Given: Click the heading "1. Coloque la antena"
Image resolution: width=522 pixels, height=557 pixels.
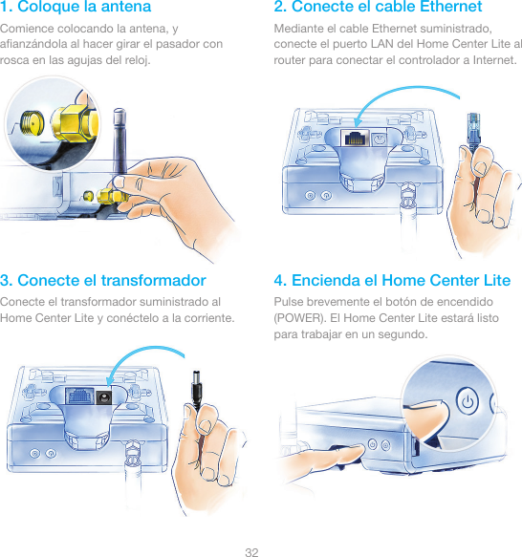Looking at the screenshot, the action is (76, 7).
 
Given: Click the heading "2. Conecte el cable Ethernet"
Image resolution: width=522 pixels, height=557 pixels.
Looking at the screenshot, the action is (378, 7).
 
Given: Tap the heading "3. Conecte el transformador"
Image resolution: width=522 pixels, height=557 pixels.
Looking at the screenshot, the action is (102, 280).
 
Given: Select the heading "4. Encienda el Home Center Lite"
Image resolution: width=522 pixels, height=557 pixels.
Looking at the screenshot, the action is (392, 280).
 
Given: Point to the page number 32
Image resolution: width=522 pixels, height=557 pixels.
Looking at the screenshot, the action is (251, 552).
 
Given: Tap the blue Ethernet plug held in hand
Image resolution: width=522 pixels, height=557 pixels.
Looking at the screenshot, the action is (473, 130).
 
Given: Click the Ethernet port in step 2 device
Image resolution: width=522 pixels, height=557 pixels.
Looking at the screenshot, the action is (355, 138).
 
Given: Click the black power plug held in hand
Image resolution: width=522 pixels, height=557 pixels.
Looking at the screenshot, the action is (197, 389).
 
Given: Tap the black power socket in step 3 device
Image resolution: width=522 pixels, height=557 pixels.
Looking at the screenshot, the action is (103, 397).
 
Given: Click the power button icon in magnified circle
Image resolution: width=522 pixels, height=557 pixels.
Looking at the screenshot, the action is (468, 401).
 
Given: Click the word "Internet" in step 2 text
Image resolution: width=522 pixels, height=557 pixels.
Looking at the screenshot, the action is (493, 60).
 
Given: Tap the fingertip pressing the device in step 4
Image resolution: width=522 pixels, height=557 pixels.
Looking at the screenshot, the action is (358, 450).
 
